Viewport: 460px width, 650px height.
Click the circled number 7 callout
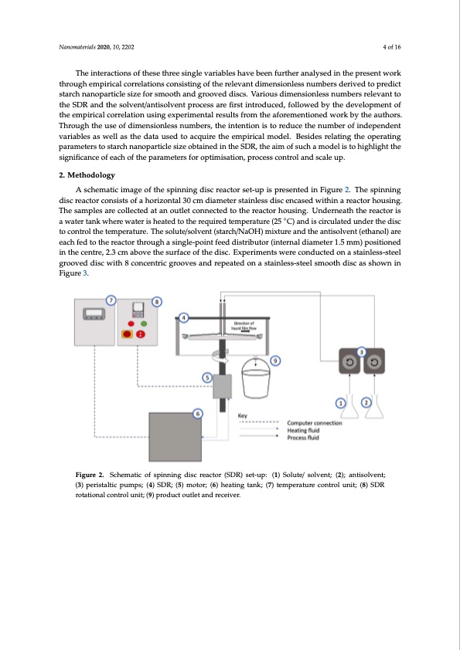point(111,300)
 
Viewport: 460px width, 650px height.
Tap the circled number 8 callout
point(156,302)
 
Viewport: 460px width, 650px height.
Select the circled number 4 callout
point(183,318)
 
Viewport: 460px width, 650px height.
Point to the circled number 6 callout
point(198,413)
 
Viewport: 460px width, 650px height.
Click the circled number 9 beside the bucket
point(274,361)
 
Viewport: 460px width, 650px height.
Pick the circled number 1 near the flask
point(340,402)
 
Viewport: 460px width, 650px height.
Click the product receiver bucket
point(256,377)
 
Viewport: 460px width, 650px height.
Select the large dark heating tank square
point(175,436)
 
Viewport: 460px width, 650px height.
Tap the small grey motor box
point(222,386)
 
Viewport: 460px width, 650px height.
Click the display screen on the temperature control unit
point(94,314)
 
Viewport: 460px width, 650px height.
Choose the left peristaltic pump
point(349,361)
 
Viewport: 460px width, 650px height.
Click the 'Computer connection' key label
point(315,423)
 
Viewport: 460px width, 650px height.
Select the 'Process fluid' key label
point(303,438)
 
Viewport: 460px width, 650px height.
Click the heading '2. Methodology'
point(87,175)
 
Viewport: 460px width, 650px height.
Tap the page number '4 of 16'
point(392,47)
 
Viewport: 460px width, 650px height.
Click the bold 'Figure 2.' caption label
point(90,475)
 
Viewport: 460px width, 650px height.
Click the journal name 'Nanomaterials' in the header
point(77,47)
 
